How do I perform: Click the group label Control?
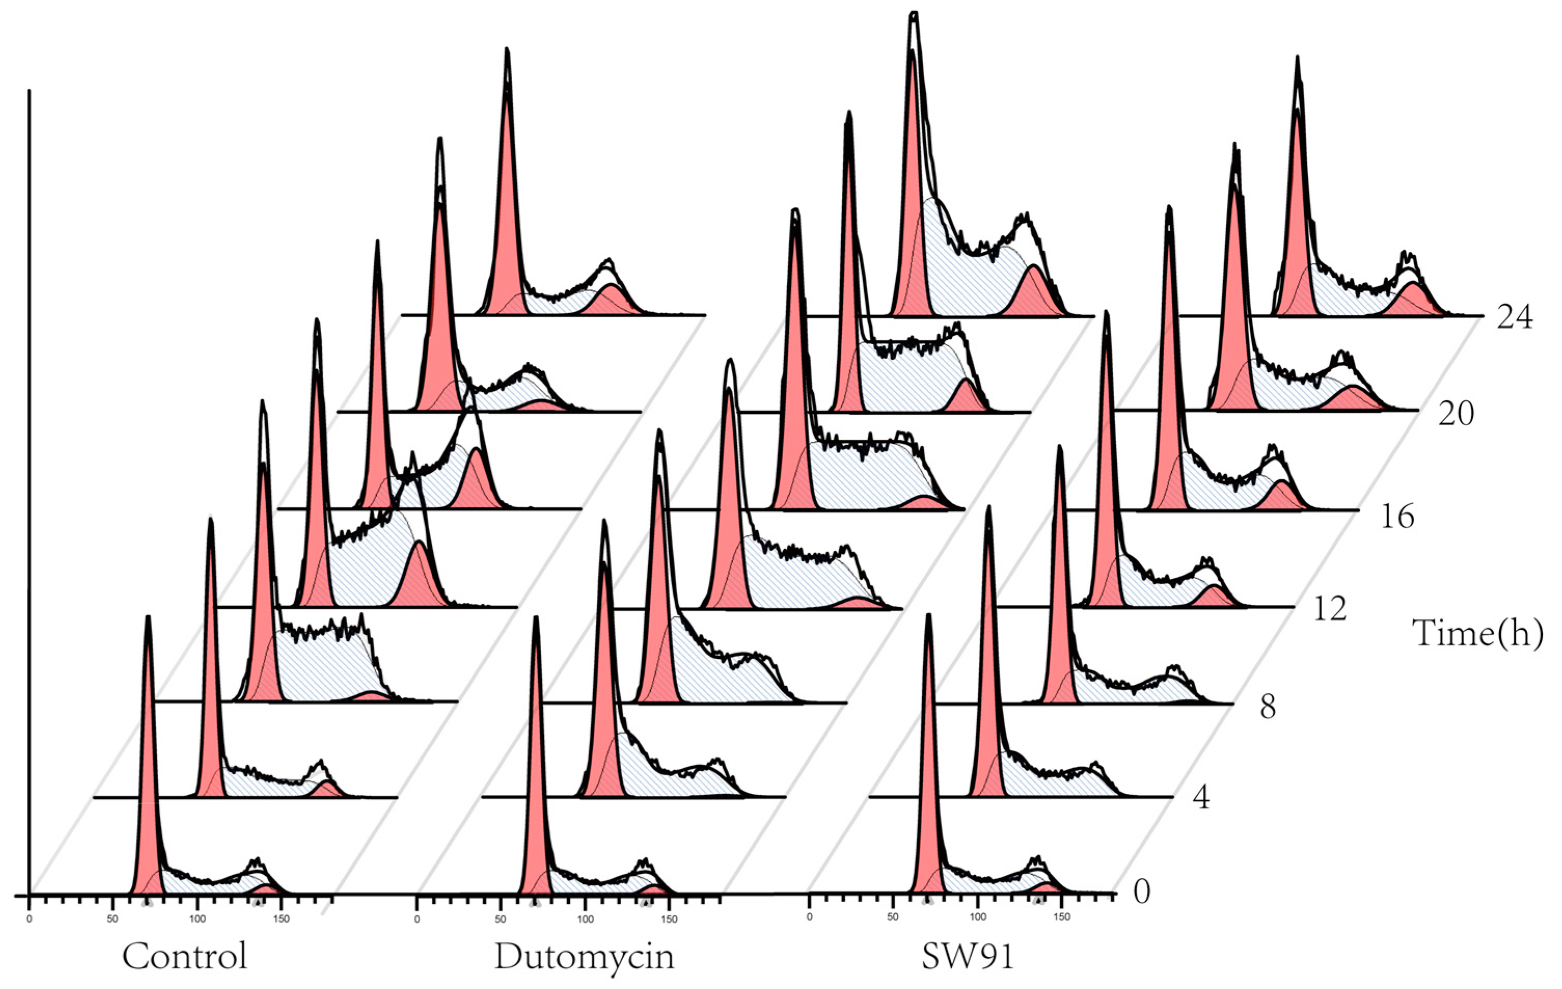185,956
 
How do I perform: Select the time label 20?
1456,413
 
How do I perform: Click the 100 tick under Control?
197,919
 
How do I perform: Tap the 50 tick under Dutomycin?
500,919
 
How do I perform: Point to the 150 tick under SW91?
1062,918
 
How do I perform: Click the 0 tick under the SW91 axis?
809,918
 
